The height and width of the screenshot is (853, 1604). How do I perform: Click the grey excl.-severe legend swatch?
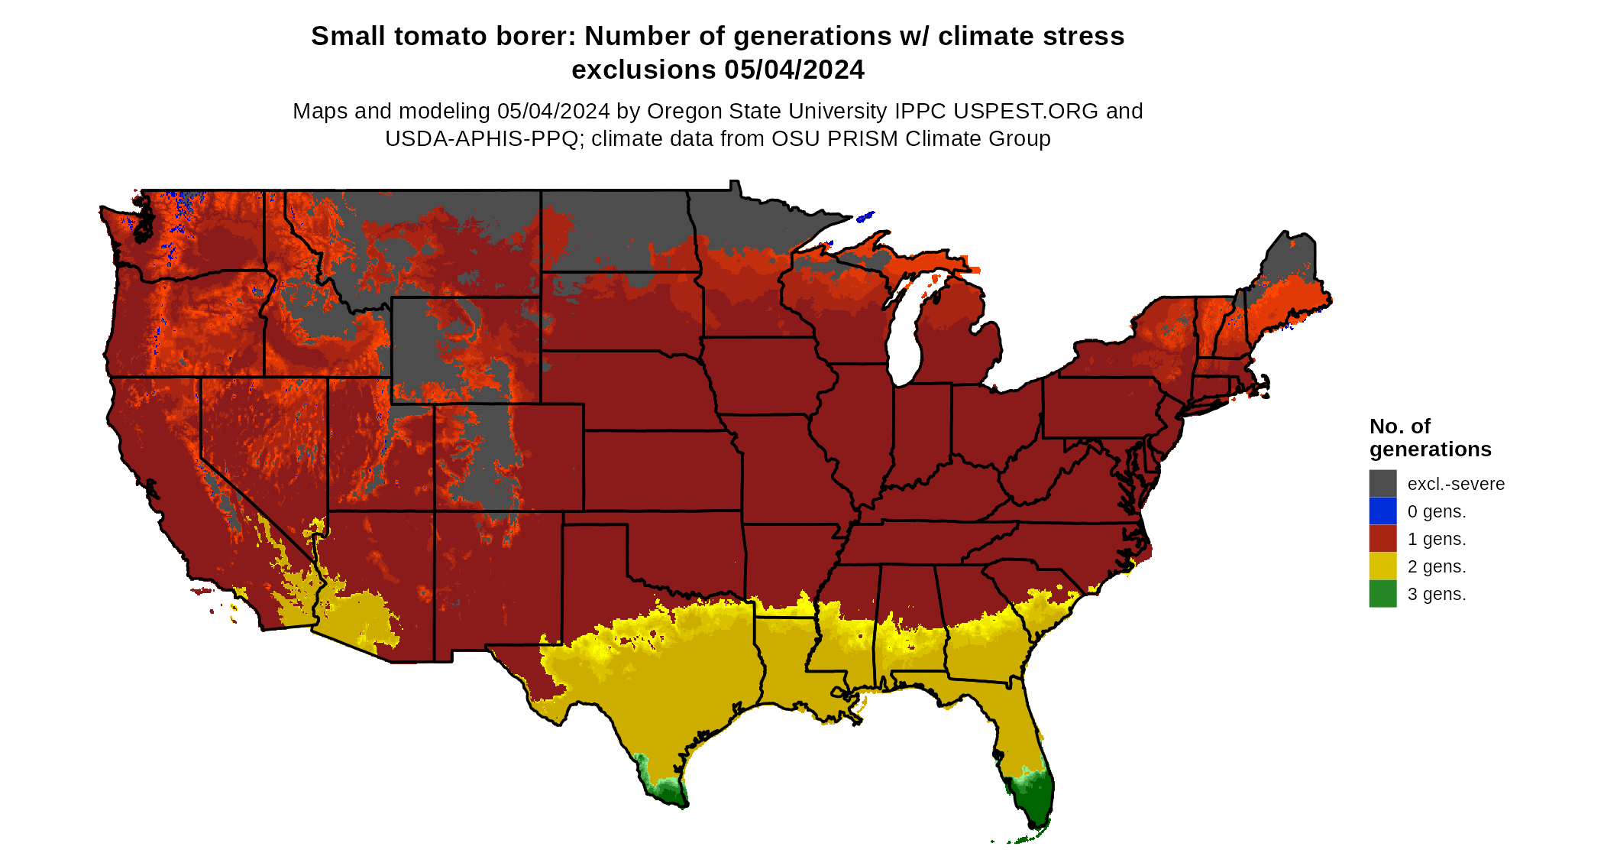click(1382, 484)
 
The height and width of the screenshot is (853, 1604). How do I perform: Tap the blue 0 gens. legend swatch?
click(1382, 511)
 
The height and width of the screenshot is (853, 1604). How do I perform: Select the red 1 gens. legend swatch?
click(1382, 539)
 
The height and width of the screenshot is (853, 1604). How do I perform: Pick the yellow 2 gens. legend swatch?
click(1382, 566)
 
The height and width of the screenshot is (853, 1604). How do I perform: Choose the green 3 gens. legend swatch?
click(1382, 594)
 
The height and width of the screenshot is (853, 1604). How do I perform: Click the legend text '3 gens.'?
click(1436, 595)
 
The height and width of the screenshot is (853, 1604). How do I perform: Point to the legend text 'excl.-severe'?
click(1455, 485)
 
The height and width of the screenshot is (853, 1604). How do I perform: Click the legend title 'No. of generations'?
click(1429, 438)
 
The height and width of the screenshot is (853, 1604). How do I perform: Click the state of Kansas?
click(661, 470)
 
